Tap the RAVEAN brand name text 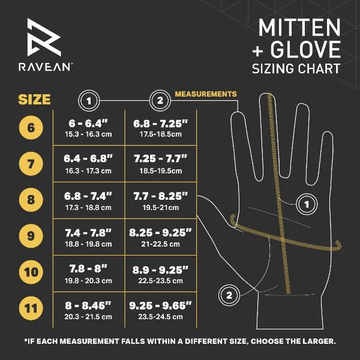50,68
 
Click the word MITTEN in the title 299,28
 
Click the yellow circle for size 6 31,127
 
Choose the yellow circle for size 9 31,235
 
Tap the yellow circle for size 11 31,308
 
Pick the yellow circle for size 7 31,163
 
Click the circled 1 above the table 88,100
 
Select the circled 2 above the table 160,100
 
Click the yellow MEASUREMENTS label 206,94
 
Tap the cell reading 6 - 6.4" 88,127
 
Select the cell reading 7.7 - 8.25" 160,199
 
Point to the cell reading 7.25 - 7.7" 160,163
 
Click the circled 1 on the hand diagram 307,205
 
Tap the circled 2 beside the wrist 229,294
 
